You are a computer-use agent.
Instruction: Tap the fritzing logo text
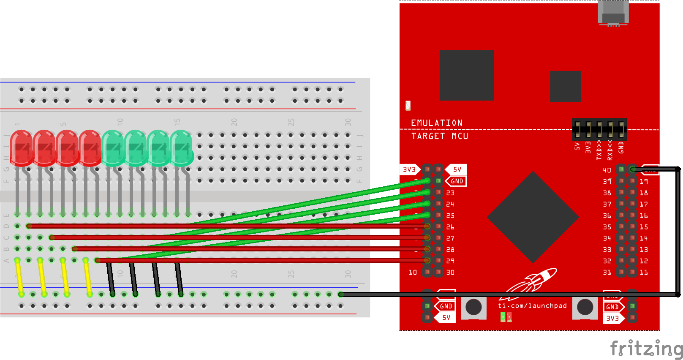[x=646, y=349]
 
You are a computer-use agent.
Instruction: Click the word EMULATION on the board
[x=437, y=123]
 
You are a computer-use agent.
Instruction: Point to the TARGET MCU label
[x=440, y=136]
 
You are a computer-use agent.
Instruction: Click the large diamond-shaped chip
[x=533, y=217]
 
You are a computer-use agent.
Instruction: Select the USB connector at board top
[x=613, y=13]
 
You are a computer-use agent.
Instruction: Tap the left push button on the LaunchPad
[x=473, y=307]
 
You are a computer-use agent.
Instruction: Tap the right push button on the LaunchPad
[x=585, y=307]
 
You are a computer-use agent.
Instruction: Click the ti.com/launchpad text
[x=532, y=305]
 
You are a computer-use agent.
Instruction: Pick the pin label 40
[x=607, y=170]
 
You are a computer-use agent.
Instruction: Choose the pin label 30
[x=451, y=273]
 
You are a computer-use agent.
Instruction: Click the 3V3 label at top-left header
[x=409, y=169]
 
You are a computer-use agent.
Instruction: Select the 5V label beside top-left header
[x=457, y=169]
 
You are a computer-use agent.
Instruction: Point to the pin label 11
[x=644, y=273]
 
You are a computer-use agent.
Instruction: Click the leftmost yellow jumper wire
[x=19, y=277]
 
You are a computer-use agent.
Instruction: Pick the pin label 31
[x=607, y=273]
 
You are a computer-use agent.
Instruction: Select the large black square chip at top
[x=467, y=75]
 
